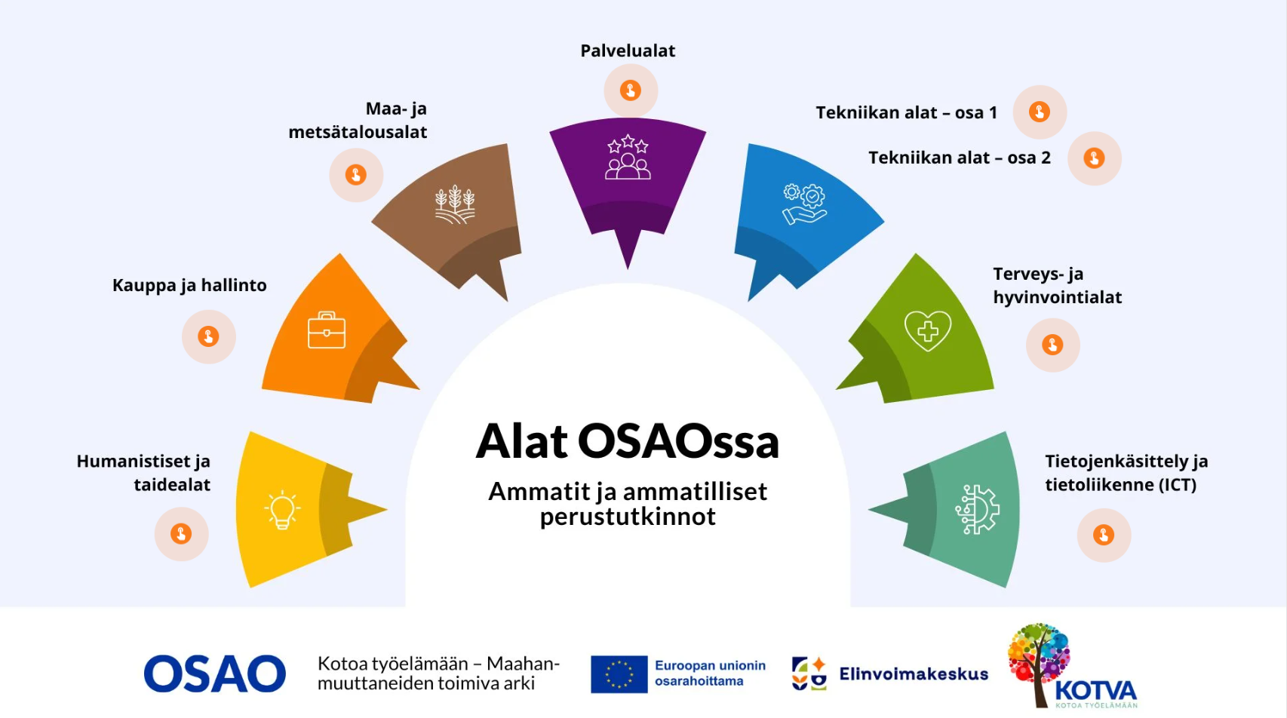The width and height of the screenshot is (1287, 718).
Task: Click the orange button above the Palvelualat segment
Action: tap(630, 91)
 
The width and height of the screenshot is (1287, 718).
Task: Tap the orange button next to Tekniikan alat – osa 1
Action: tap(1040, 112)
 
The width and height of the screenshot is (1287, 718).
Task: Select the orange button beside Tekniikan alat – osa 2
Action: tap(1094, 158)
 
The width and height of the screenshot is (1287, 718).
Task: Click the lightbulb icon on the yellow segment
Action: tap(282, 510)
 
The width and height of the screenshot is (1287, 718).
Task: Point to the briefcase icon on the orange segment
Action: tap(327, 330)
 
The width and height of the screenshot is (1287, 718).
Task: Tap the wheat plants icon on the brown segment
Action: tap(455, 204)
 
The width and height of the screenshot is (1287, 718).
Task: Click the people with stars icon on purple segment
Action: tap(628, 157)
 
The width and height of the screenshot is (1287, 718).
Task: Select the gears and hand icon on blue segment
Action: tap(804, 204)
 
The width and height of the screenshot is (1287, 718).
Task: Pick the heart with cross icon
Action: tap(927, 330)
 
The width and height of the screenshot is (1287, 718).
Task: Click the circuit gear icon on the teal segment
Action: tap(977, 510)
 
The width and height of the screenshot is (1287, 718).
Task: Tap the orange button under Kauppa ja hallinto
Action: tap(208, 336)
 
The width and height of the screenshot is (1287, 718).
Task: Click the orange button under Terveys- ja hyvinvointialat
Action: tap(1052, 345)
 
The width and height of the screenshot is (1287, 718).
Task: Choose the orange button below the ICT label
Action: tap(1103, 535)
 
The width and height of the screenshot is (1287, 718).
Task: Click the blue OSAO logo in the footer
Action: tap(215, 674)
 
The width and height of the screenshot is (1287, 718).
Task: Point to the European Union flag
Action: tap(619, 674)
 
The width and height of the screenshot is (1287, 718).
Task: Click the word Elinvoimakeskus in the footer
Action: tap(914, 674)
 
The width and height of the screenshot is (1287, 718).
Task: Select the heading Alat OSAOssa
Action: tap(628, 441)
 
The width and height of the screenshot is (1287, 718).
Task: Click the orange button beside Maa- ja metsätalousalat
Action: tap(355, 175)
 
